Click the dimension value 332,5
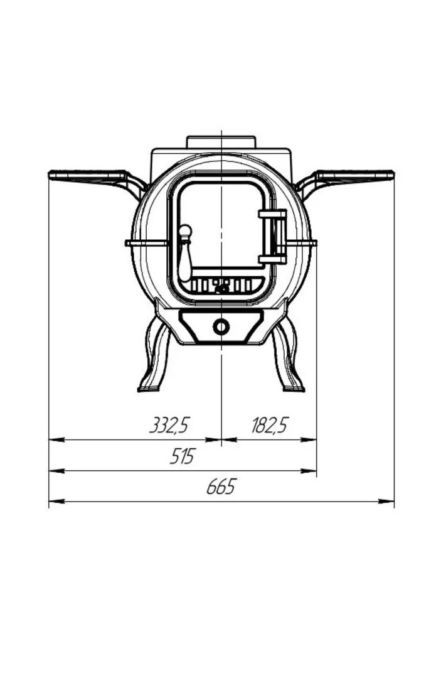[x=169, y=425]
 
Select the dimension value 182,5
[x=269, y=425]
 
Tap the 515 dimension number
[x=183, y=456]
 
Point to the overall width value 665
[x=221, y=487]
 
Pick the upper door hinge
[x=273, y=213]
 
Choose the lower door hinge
[x=273, y=259]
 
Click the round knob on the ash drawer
[x=221, y=326]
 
